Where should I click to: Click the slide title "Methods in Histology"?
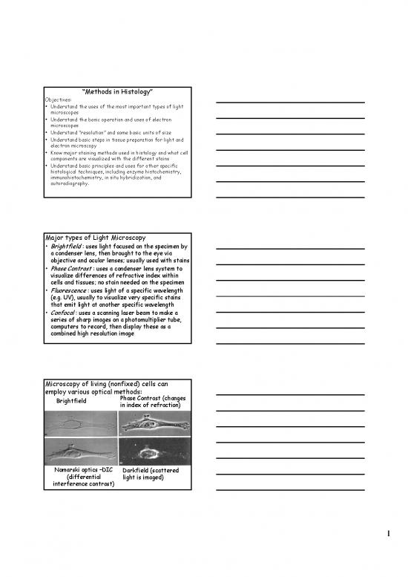click(x=116, y=91)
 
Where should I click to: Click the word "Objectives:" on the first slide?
click(x=60, y=99)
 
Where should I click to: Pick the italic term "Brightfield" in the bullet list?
click(x=65, y=246)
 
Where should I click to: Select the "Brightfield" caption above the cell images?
click(x=71, y=401)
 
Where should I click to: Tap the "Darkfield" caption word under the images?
click(x=138, y=470)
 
